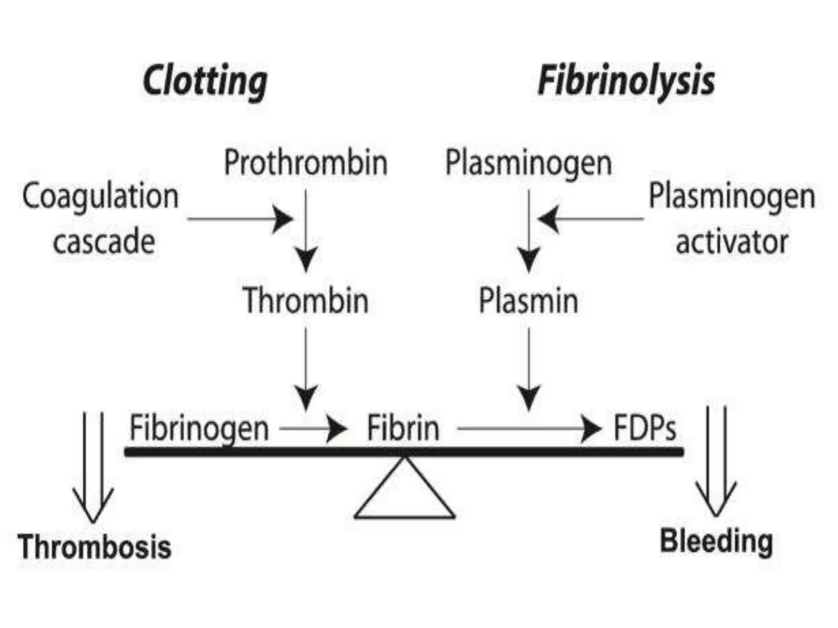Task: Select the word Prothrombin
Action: (306, 163)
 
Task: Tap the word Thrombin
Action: (306, 301)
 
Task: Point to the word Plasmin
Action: (528, 301)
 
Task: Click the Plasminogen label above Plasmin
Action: (528, 163)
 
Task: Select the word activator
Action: (732, 242)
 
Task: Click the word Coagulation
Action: (100, 196)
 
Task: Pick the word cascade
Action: (104, 242)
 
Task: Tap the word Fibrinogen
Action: (199, 428)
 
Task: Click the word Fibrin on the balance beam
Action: (403, 428)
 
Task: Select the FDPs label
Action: (644, 428)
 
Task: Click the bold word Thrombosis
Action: (94, 547)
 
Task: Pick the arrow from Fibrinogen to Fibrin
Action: (313, 429)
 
